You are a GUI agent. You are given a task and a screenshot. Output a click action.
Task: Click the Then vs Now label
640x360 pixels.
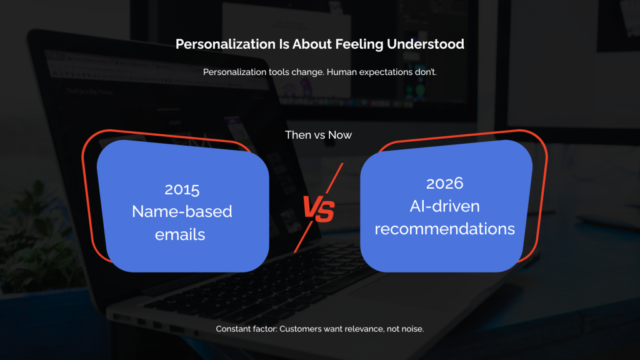pyautogui.click(x=319, y=135)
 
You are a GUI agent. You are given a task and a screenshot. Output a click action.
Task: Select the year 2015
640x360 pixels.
pyautogui.click(x=182, y=189)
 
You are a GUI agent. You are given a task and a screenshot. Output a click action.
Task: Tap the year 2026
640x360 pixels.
pyautogui.click(x=444, y=184)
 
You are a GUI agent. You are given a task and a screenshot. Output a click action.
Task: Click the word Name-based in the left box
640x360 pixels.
pyautogui.click(x=182, y=211)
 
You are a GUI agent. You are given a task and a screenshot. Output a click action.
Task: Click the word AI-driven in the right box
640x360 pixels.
pyautogui.click(x=444, y=206)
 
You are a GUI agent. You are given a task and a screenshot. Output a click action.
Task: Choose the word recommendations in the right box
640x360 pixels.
pyautogui.click(x=444, y=229)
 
